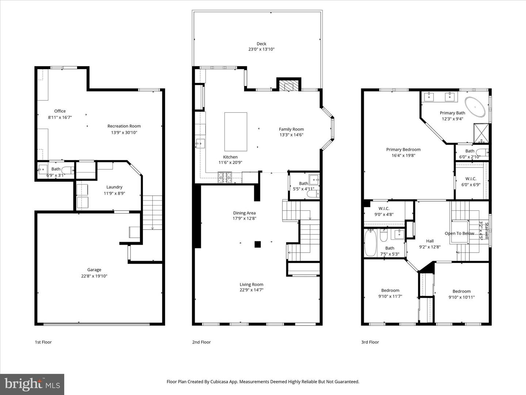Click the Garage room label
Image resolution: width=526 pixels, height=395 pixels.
pyautogui.click(x=94, y=270)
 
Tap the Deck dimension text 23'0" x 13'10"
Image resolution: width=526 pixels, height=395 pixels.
pyautogui.click(x=261, y=49)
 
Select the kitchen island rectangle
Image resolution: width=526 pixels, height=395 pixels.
pyautogui.click(x=236, y=132)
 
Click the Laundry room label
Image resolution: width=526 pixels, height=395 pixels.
pyautogui.click(x=114, y=187)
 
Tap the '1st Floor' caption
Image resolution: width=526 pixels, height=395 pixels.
pyautogui.click(x=43, y=342)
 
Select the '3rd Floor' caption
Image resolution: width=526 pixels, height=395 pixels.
pyautogui.click(x=370, y=342)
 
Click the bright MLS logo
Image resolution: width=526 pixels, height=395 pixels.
pyautogui.click(x=32, y=384)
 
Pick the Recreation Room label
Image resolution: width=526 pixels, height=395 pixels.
pyautogui.click(x=124, y=126)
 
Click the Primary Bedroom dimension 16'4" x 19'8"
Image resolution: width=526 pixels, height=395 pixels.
pyautogui.click(x=403, y=155)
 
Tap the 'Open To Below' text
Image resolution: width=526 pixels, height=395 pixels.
pyautogui.click(x=459, y=233)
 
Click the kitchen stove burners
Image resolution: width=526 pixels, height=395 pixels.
pyautogui.click(x=225, y=177)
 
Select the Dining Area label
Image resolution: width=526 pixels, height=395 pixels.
pyautogui.click(x=244, y=213)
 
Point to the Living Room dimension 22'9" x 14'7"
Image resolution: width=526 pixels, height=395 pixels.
pyautogui.click(x=251, y=290)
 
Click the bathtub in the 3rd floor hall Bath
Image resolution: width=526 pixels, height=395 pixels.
pyautogui.click(x=370, y=243)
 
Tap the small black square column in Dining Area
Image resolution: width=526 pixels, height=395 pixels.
pyautogui.click(x=258, y=244)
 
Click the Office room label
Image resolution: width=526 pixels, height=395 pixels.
pyautogui.click(x=60, y=111)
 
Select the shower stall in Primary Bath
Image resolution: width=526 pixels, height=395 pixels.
pyautogui.click(x=480, y=133)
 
